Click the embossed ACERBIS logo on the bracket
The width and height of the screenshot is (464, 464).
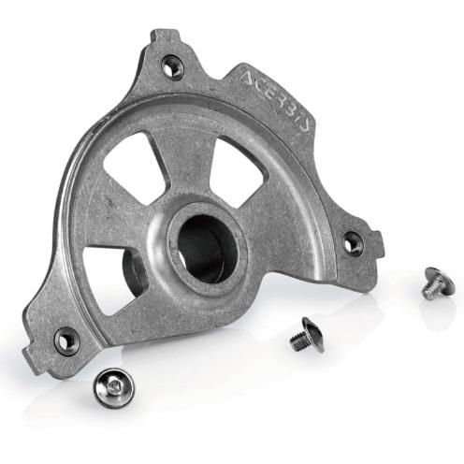click(x=276, y=100)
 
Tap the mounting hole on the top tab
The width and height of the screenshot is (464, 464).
click(x=172, y=66)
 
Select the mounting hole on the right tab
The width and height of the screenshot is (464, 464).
click(x=353, y=242)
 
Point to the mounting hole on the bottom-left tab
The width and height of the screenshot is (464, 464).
click(x=65, y=341)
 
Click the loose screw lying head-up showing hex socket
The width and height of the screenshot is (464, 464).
click(x=113, y=387)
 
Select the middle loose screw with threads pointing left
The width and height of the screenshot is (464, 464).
click(x=307, y=335)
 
